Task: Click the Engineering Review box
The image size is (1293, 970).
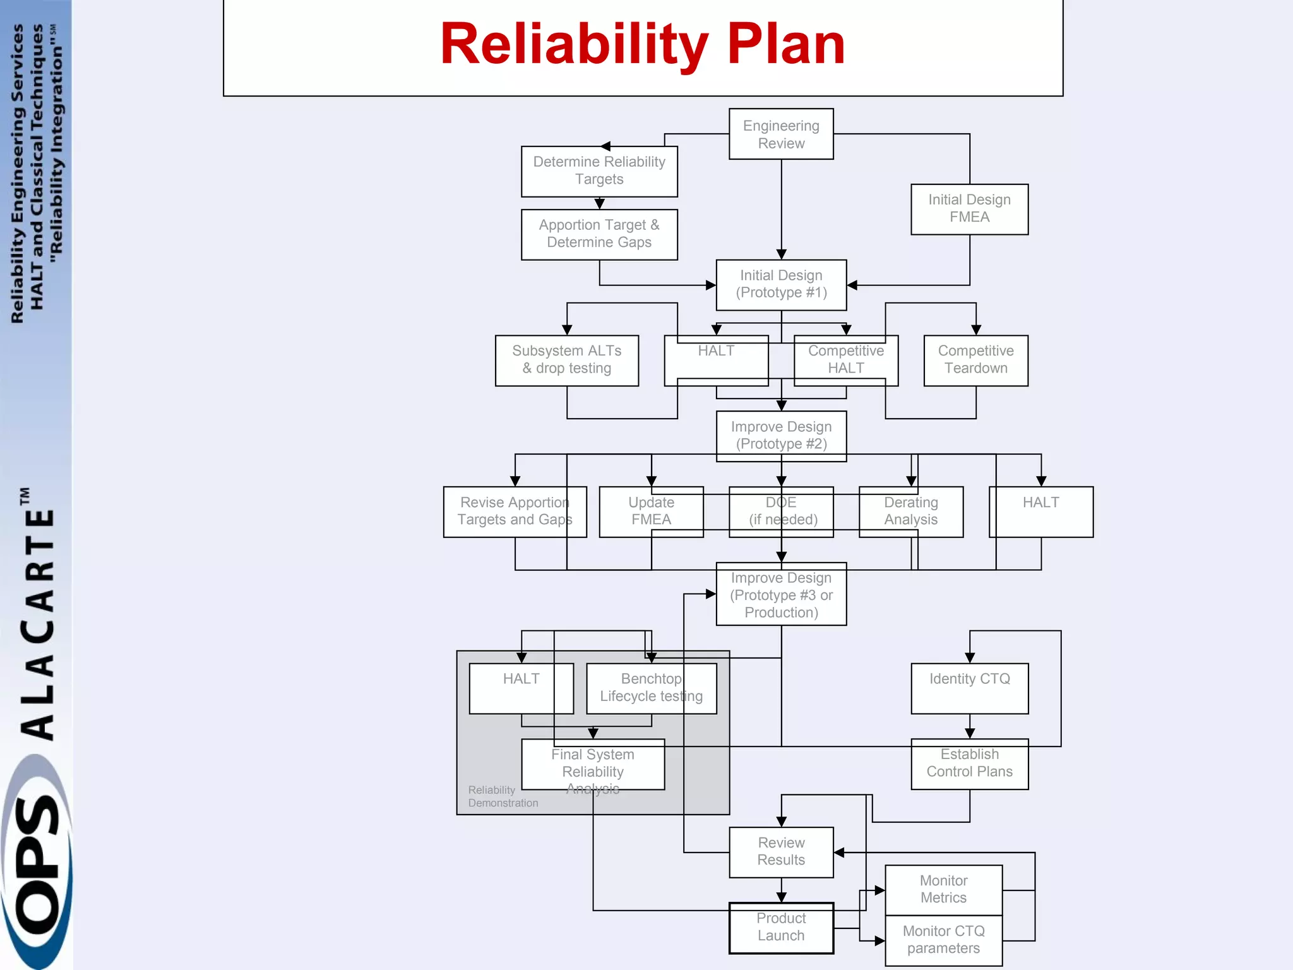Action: tap(781, 134)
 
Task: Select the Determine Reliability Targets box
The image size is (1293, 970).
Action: tap(599, 171)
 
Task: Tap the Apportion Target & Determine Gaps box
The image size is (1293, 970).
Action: tap(599, 234)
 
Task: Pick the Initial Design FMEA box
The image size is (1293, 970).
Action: tap(969, 208)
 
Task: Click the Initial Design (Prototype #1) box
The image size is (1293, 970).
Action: tap(781, 284)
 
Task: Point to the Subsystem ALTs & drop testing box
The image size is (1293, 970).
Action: tap(566, 360)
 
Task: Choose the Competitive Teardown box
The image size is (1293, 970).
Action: tap(975, 360)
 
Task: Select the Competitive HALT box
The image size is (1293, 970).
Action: tap(846, 360)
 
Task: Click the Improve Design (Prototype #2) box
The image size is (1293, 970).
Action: tap(781, 436)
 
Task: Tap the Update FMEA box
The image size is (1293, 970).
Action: tap(651, 512)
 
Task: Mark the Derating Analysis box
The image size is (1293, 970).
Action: tap(910, 512)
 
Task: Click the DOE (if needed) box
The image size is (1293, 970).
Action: tap(781, 512)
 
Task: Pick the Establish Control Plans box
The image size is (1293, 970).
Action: tap(969, 763)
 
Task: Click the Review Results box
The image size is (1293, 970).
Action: tap(781, 852)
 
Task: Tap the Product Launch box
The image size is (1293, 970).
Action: tap(781, 928)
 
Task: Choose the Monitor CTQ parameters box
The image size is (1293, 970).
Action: tap(943, 940)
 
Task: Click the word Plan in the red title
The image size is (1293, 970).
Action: tap(786, 44)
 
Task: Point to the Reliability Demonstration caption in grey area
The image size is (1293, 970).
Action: tap(503, 796)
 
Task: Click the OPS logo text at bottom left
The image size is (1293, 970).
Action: tap(37, 865)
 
